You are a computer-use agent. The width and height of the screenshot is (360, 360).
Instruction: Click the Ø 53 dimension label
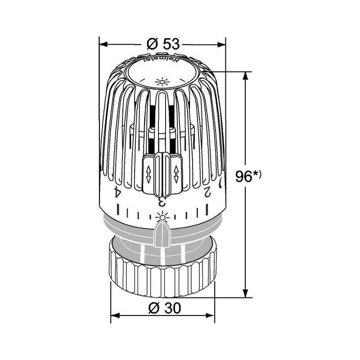pos(163,44)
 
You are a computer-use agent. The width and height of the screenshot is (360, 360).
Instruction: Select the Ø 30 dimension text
pos(163,309)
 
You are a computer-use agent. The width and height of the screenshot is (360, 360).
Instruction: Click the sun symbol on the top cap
pos(161,82)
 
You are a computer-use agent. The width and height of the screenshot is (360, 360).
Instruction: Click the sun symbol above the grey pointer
pos(161,217)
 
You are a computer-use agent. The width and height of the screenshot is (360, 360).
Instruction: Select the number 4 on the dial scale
pos(117,192)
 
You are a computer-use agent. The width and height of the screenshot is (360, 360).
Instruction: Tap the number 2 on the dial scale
pos(207,191)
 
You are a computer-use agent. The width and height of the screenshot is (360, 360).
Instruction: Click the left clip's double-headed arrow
pos(149,174)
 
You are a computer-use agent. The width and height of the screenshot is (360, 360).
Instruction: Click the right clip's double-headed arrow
pos(175,173)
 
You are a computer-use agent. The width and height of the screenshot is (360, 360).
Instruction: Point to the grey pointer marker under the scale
pos(161,234)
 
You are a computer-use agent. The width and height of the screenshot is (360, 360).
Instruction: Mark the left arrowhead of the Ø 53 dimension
pos(103,44)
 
